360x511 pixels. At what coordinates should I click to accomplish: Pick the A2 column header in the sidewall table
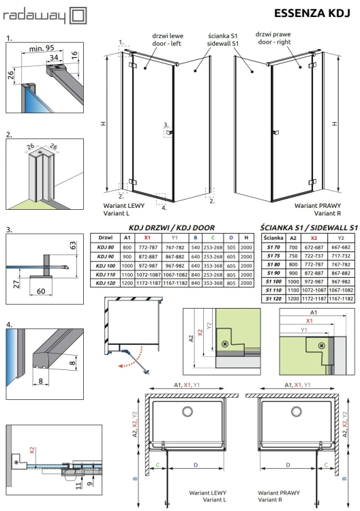pos(292,236)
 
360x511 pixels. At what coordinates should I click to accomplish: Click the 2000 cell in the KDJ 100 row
pos(245,263)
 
